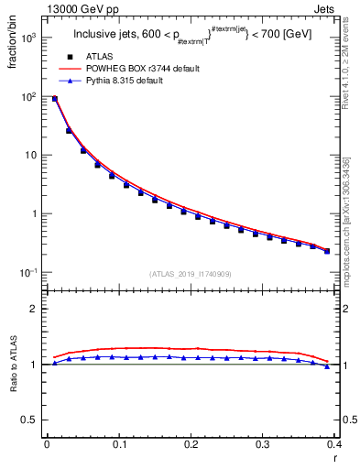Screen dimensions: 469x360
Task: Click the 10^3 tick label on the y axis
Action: (x=28, y=38)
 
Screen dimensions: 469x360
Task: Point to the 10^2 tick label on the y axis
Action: (x=28, y=97)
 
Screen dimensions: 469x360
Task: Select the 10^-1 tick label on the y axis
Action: (x=28, y=273)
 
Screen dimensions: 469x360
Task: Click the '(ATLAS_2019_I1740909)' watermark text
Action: (x=190, y=274)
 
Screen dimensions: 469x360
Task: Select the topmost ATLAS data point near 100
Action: (x=55, y=99)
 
